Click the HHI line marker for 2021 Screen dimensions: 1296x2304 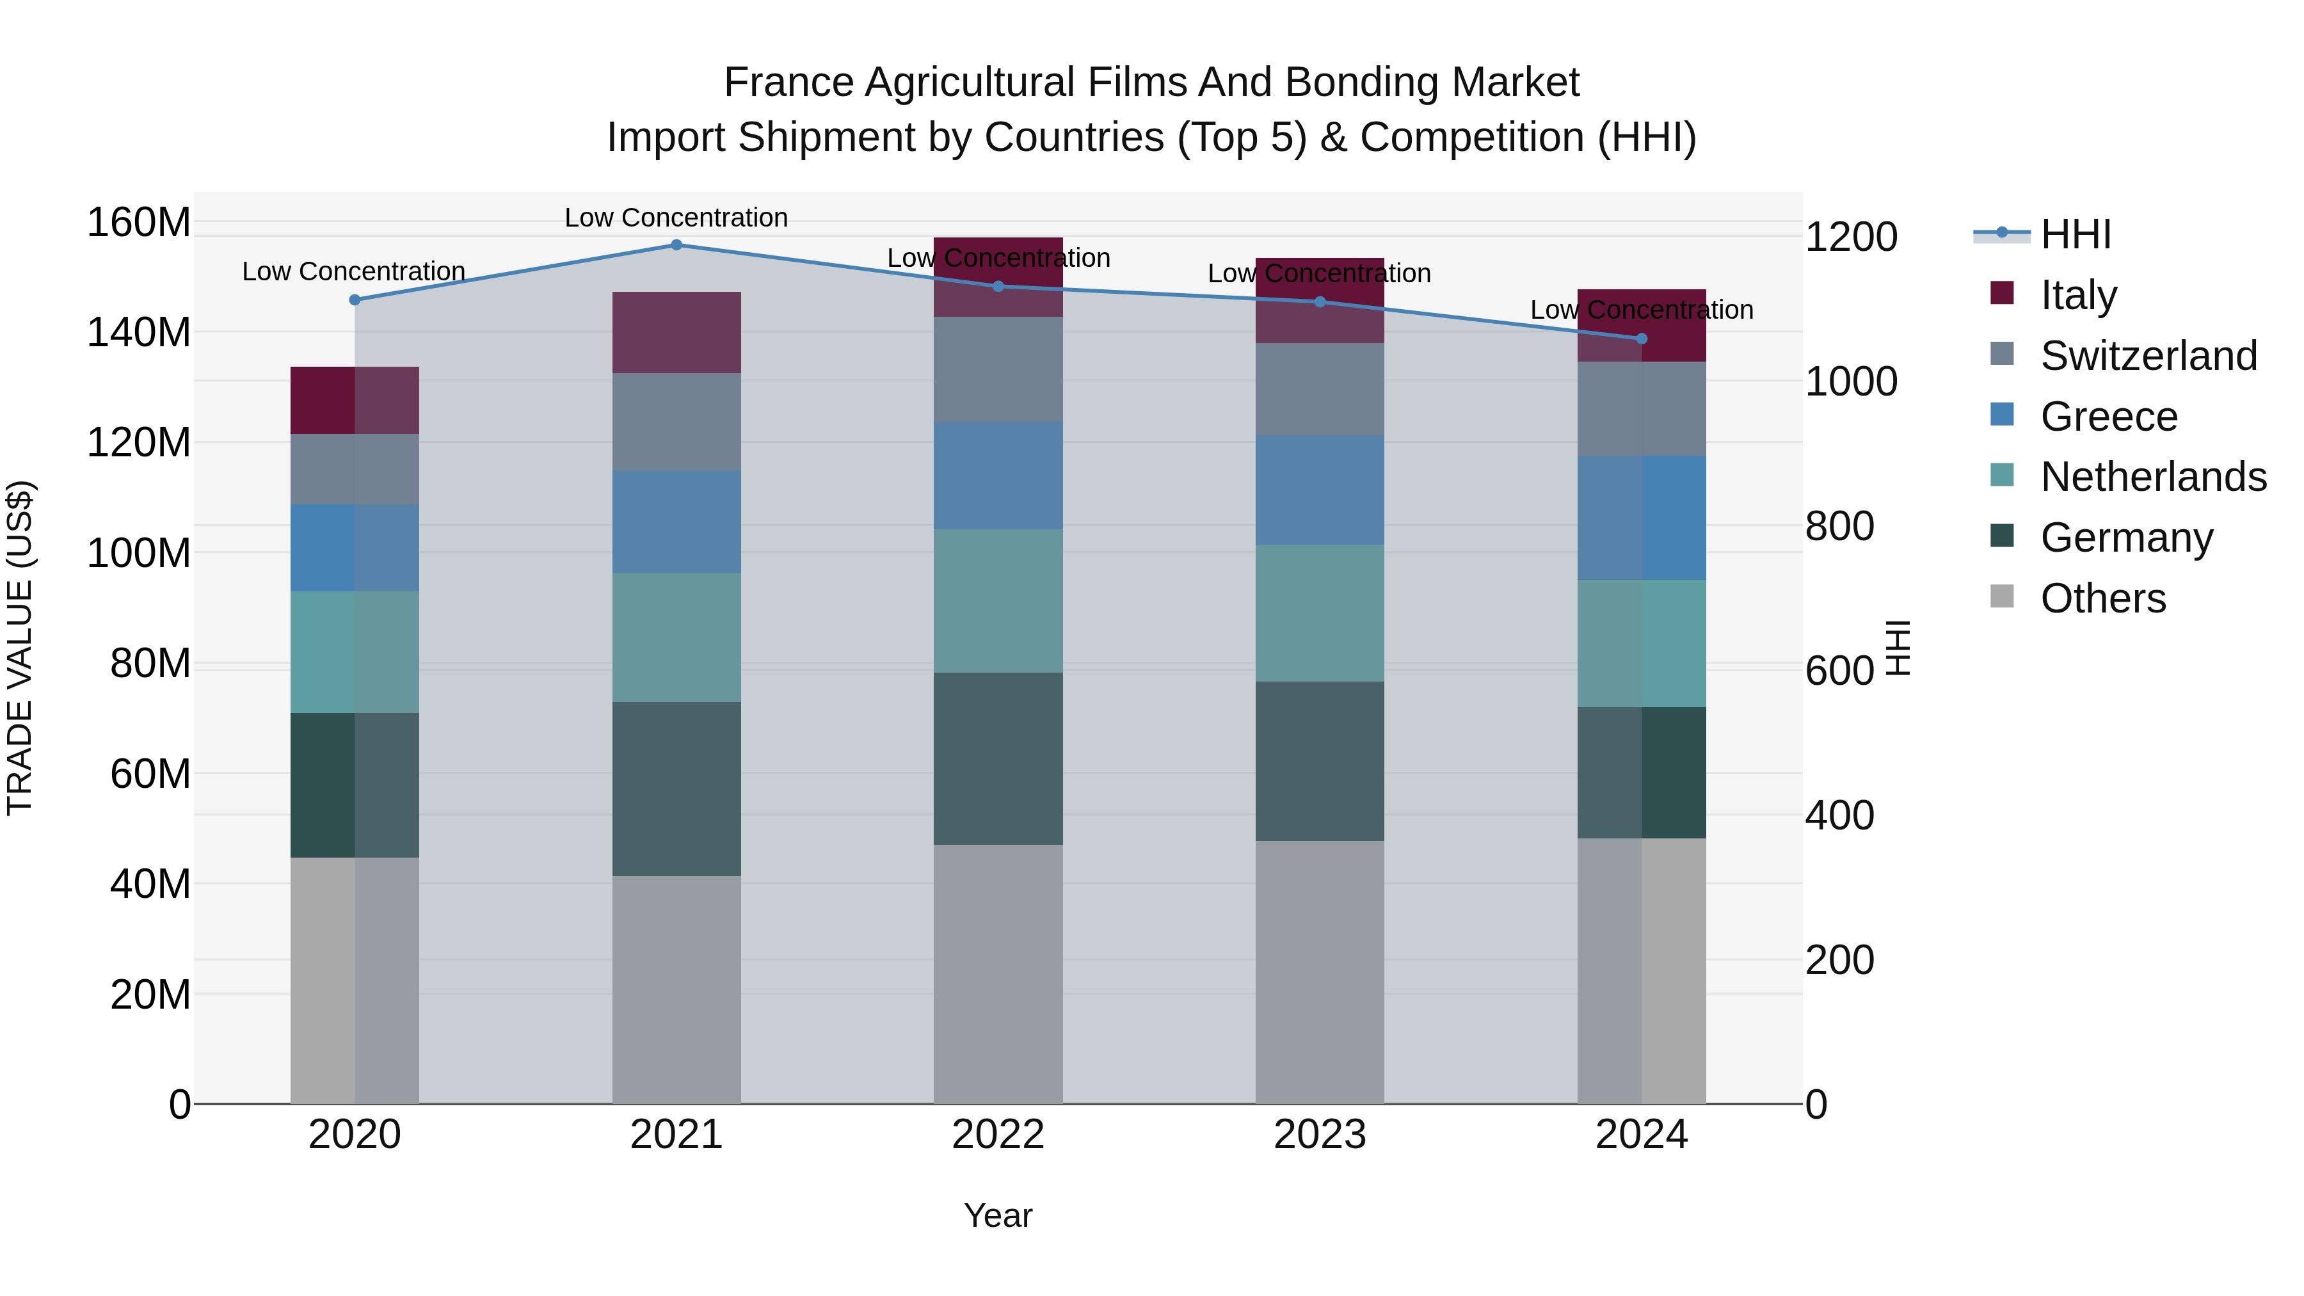[x=676, y=245]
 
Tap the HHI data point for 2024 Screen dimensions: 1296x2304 [x=1641, y=339]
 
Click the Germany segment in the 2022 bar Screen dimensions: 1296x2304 [x=998, y=758]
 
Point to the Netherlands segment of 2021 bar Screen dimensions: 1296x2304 [x=676, y=637]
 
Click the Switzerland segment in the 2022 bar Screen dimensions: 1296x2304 [x=998, y=369]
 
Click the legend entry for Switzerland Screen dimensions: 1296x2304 [x=2148, y=356]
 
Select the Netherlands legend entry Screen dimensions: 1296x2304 [x=2153, y=477]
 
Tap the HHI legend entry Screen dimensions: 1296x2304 [x=2075, y=234]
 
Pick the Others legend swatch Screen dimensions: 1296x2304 [x=2003, y=596]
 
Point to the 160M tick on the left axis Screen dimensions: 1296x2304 [x=139, y=222]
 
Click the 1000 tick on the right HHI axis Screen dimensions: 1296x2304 [x=1850, y=382]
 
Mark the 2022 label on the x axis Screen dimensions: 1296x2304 [x=998, y=1135]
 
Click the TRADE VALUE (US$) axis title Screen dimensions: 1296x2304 [x=20, y=648]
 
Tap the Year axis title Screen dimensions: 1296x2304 [x=998, y=1215]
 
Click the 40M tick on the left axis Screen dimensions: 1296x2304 [x=150, y=884]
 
